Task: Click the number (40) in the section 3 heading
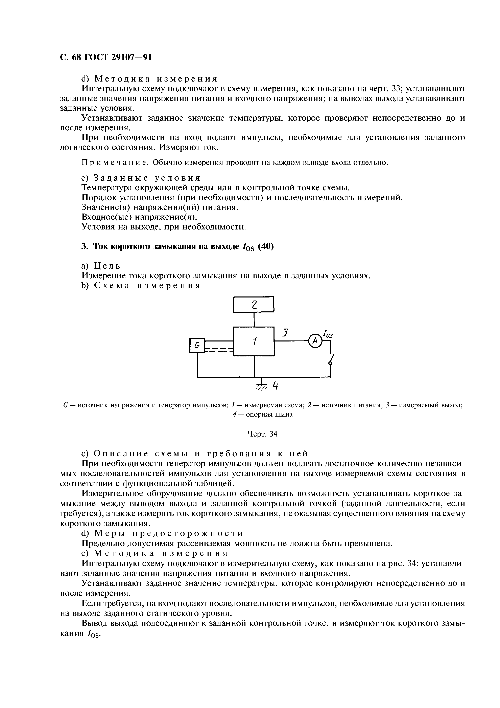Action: pyautogui.click(x=266, y=247)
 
